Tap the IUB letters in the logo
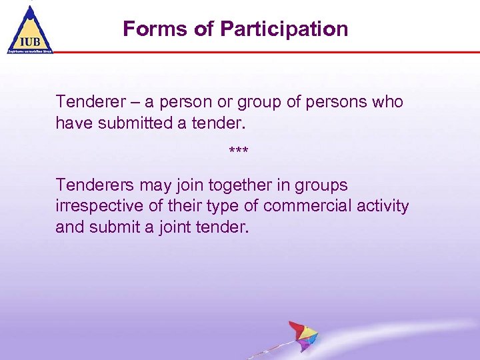pyautogui.click(x=29, y=40)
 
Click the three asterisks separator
pyautogui.click(x=239, y=153)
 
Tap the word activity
pyautogui.click(x=380, y=206)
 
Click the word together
pyautogui.click(x=214, y=185)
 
